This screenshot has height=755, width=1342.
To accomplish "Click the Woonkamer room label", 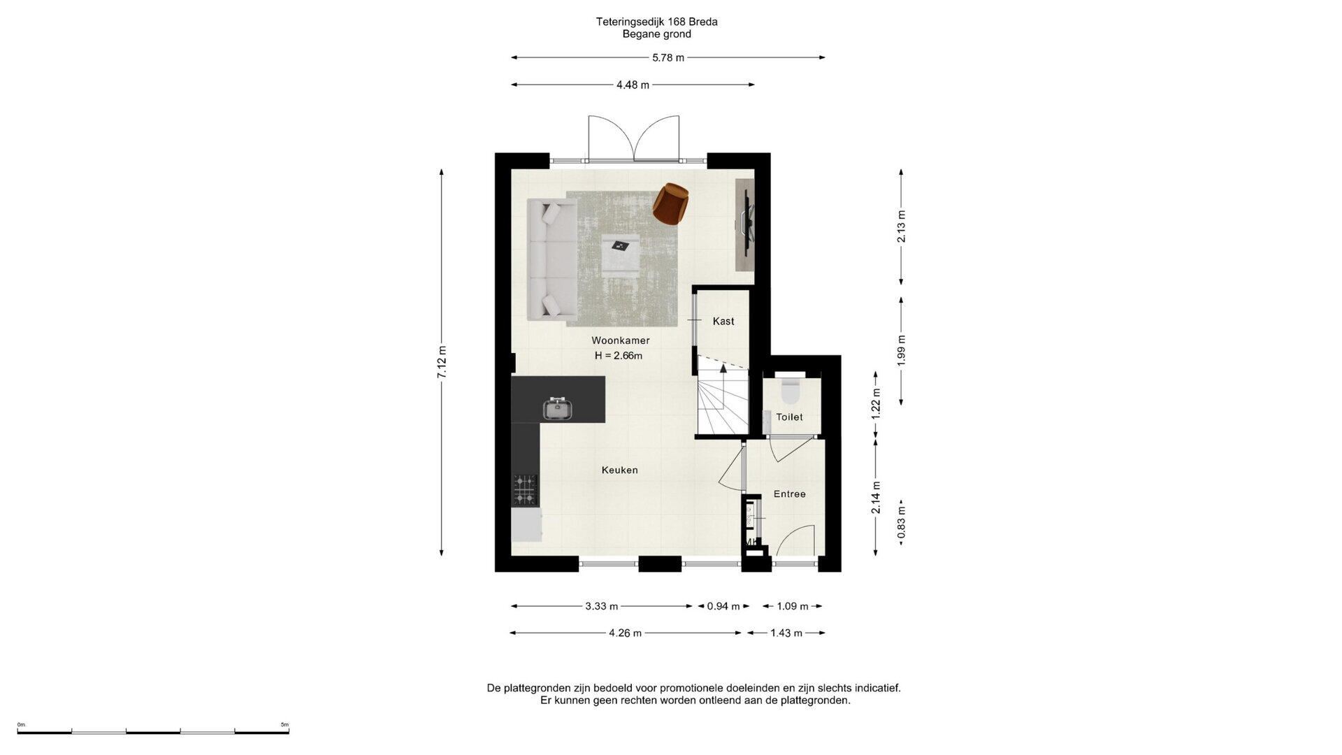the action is [621, 340].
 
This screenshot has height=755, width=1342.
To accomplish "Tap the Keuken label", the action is [620, 470].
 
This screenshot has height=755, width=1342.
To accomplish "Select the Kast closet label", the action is [723, 321].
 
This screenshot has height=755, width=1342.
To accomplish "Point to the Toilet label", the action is [789, 417].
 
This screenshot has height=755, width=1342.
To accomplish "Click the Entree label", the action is [790, 494].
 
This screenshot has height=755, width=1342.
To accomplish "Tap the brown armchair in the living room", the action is [672, 203].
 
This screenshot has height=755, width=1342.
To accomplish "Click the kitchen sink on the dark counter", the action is [558, 409].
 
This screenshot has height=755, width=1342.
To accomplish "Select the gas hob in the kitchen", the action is [526, 489].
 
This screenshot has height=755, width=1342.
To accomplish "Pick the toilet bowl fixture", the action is [791, 391].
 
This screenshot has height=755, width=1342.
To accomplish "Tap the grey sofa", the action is [551, 259].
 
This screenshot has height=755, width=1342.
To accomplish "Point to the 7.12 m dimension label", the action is [442, 363].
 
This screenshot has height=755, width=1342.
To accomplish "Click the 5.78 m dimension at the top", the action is [668, 57].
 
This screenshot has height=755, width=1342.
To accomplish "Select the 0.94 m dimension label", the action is [723, 606].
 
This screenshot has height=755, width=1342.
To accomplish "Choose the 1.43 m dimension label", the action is [786, 633].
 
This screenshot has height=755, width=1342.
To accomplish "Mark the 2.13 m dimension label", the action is [902, 226].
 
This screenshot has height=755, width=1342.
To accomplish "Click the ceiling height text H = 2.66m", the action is [619, 355].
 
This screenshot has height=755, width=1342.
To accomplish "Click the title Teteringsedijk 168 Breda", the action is [657, 22].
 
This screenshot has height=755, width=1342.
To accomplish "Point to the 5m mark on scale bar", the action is [284, 725].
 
